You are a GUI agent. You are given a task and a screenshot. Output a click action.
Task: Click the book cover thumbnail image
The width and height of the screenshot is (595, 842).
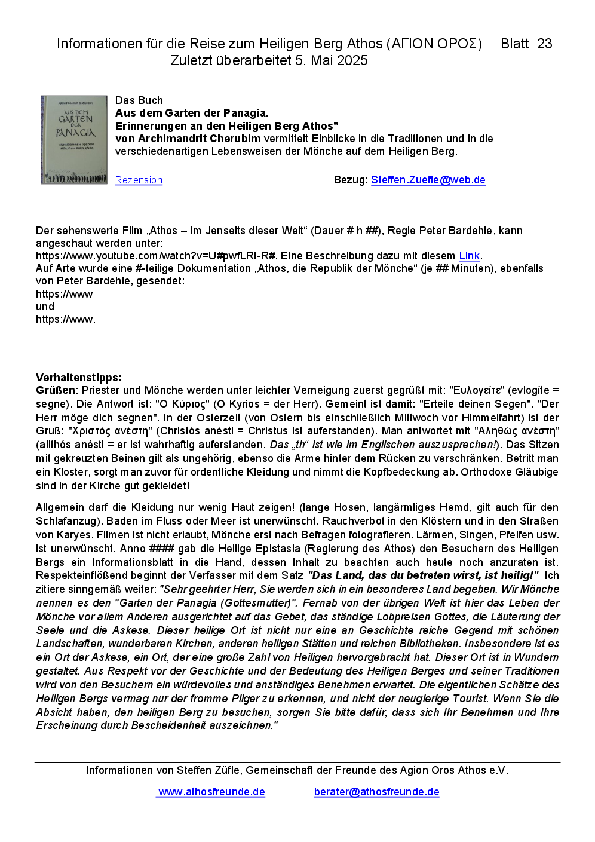pos(73,140)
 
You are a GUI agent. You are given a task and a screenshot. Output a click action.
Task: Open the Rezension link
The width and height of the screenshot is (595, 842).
pos(139,180)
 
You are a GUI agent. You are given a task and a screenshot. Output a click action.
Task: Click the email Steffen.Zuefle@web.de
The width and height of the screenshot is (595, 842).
pos(428,180)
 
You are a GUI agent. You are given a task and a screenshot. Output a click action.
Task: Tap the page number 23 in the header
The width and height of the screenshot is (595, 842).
pos(544,44)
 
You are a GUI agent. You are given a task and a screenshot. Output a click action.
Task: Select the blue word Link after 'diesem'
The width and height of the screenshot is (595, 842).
pos(469,256)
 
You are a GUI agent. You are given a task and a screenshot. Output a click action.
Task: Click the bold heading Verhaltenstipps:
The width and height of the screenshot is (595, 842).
pos(79,378)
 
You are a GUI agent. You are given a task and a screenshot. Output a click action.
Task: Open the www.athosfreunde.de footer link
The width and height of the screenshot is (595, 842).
pos(211,792)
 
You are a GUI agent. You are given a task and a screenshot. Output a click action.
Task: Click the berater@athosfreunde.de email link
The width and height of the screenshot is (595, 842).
pos(376,792)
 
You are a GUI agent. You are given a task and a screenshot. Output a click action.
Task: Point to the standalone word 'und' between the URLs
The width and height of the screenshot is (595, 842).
pos(45,307)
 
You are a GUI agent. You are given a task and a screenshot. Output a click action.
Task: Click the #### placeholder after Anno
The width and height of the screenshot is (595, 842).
pos(161,549)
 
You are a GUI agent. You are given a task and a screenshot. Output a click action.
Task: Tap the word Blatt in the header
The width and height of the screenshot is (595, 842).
pos(514,44)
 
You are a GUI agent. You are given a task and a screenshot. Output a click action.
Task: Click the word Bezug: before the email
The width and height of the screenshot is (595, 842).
pos(351,180)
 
